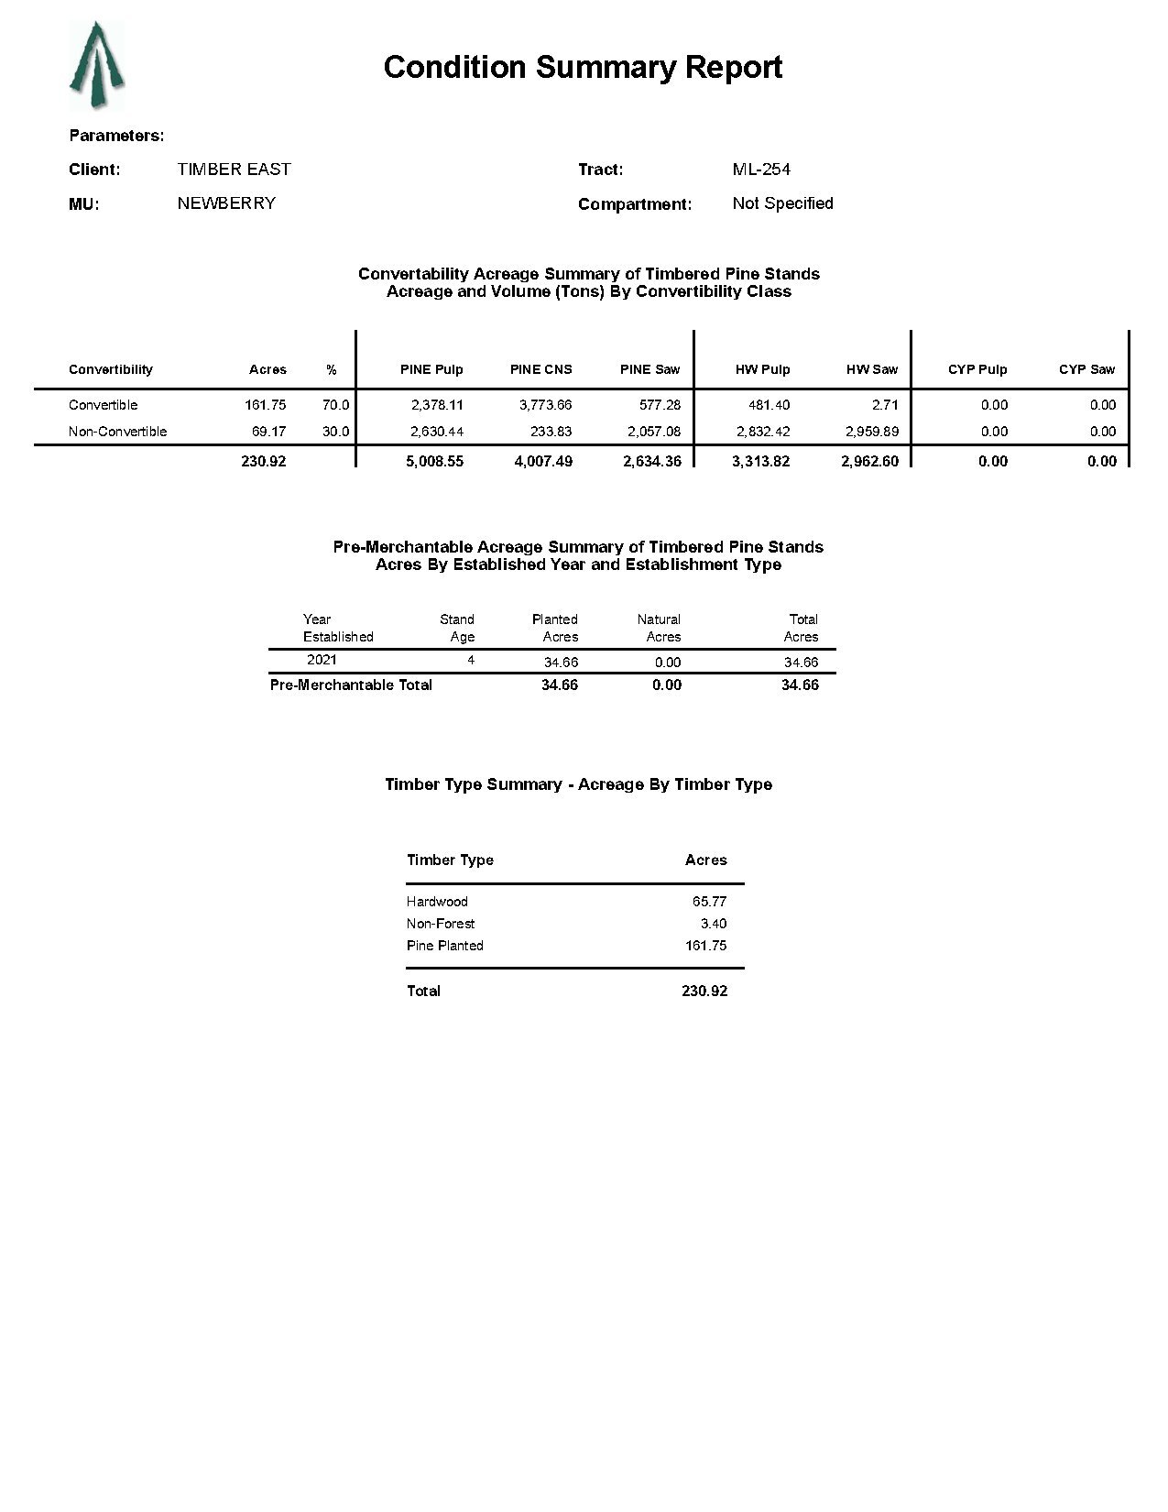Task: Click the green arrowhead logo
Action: [96, 66]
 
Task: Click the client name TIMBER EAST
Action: [234, 170]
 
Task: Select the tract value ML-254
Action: [761, 170]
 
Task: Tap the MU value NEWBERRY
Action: [226, 203]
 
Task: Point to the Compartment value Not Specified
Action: [782, 203]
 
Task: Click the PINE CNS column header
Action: [540, 369]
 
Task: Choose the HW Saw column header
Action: [871, 369]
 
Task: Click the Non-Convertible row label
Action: [117, 432]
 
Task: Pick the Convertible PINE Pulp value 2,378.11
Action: [436, 405]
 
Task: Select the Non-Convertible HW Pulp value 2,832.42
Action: [762, 432]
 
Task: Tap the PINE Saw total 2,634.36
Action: [651, 462]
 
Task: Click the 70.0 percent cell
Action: [335, 405]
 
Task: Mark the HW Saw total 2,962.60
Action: [869, 462]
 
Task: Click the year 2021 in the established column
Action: [322, 660]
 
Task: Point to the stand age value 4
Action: [471, 660]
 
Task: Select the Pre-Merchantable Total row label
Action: [351, 685]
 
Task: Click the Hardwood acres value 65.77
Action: [709, 902]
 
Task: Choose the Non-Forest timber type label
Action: [441, 924]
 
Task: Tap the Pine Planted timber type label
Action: [444, 946]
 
